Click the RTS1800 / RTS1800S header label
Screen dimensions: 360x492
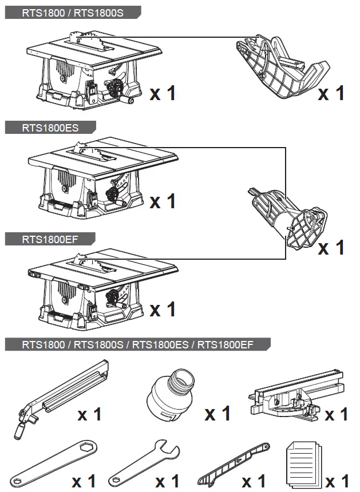(73, 13)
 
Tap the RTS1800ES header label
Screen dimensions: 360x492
(50, 128)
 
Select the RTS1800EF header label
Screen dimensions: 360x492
(50, 239)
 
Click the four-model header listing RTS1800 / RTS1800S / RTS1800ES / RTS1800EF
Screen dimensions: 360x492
(137, 344)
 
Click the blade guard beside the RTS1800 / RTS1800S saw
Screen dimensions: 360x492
(281, 68)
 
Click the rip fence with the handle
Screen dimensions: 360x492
(61, 399)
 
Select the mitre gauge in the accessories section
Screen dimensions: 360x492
(296, 395)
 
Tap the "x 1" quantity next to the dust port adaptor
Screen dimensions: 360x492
(217, 414)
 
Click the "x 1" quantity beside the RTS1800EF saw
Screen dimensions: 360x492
(163, 310)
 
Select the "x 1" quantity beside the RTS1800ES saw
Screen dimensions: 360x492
(163, 201)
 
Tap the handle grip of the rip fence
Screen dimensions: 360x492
(19, 430)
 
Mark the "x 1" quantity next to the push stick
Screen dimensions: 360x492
(254, 481)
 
